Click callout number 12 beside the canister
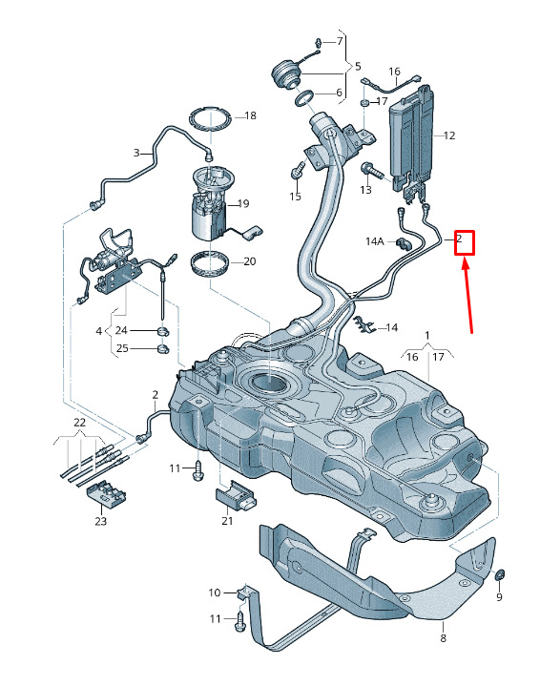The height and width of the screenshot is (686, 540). tap(449, 135)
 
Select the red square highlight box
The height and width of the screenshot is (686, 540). tap(465, 242)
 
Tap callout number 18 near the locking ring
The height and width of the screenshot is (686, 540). tap(250, 116)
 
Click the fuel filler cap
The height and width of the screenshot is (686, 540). tap(286, 74)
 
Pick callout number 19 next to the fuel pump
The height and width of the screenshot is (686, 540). tap(243, 203)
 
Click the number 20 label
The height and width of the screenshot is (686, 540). tap(249, 261)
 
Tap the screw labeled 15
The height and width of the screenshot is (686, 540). tap(298, 170)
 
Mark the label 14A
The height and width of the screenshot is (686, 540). tap(375, 241)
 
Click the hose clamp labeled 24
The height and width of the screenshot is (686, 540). tap(162, 331)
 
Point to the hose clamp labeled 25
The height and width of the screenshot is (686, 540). tap(163, 348)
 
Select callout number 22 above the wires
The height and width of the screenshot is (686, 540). tap(79, 423)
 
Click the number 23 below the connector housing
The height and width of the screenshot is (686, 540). tap(100, 521)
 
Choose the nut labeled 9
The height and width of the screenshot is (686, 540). tap(499, 574)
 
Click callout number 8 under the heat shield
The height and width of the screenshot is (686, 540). tap(443, 638)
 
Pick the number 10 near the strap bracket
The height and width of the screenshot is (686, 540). tap(215, 592)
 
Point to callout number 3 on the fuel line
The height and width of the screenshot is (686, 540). tap(136, 153)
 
